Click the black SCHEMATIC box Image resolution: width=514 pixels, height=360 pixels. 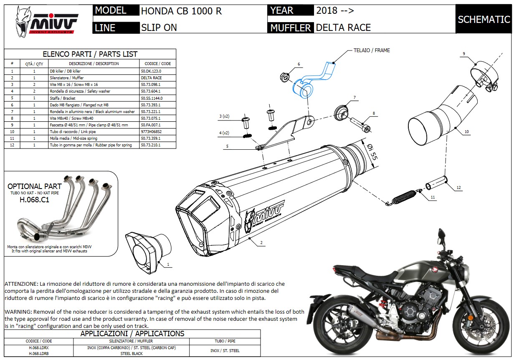pyautogui.click(x=484, y=19)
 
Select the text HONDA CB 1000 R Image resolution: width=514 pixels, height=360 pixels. pyautogui.click(x=181, y=11)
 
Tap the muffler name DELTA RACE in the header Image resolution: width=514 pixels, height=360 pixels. pyautogui.click(x=343, y=28)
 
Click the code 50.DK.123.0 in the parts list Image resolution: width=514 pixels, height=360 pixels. pyautogui.click(x=151, y=71)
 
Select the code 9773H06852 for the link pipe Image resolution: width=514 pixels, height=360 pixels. pyautogui.click(x=151, y=132)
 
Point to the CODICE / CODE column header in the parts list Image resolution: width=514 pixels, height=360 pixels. pyautogui.click(x=157, y=64)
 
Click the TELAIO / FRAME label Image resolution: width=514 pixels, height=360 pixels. pyautogui.click(x=371, y=50)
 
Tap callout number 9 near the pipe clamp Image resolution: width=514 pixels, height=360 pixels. pyautogui.click(x=464, y=53)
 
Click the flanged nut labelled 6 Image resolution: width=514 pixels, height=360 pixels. pyautogui.click(x=285, y=77)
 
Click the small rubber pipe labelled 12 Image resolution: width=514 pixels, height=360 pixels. pyautogui.click(x=436, y=183)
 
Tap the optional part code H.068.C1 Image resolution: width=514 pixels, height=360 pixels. pyautogui.click(x=34, y=199)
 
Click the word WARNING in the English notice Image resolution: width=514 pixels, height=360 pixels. pyautogui.click(x=18, y=312)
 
